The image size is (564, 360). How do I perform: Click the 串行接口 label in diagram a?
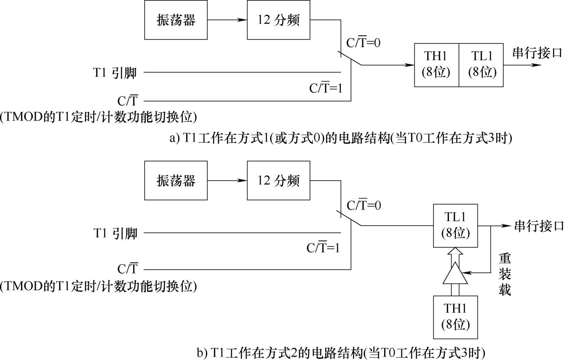click(537, 53)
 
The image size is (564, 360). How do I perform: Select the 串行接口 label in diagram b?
click(538, 226)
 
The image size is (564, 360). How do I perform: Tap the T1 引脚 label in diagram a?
click(115, 73)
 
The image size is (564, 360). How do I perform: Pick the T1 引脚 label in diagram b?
click(116, 233)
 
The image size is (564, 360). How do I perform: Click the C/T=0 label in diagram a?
click(364, 42)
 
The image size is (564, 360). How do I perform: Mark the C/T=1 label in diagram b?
click(323, 247)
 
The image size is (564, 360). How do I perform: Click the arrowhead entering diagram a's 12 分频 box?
click(242, 20)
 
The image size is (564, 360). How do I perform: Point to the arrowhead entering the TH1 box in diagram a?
click(410, 65)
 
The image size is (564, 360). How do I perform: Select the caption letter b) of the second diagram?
click(202, 353)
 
